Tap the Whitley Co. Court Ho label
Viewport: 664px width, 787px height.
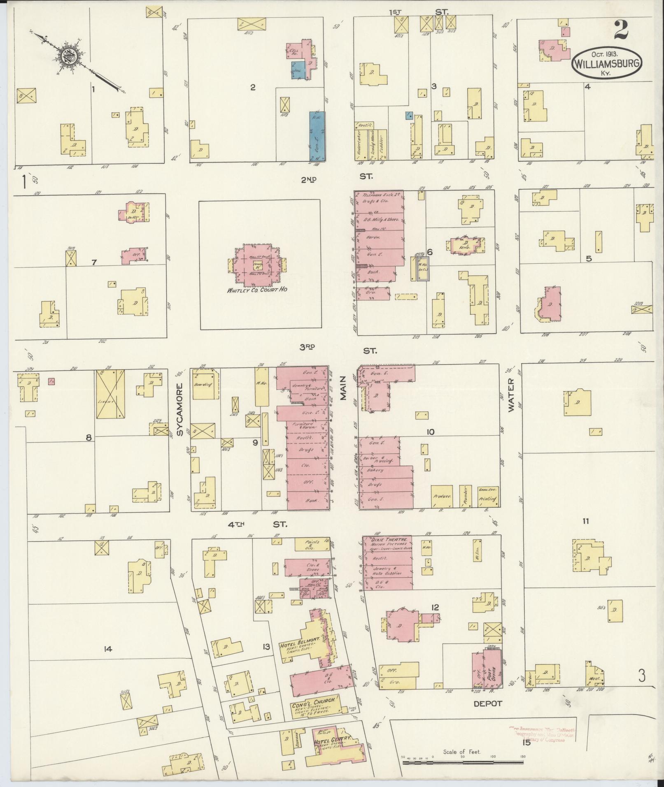(x=257, y=290)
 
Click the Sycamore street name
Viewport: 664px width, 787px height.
(x=180, y=410)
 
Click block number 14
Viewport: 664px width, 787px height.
(x=108, y=649)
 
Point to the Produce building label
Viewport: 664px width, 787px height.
(x=442, y=497)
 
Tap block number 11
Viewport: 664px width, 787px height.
(x=585, y=521)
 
